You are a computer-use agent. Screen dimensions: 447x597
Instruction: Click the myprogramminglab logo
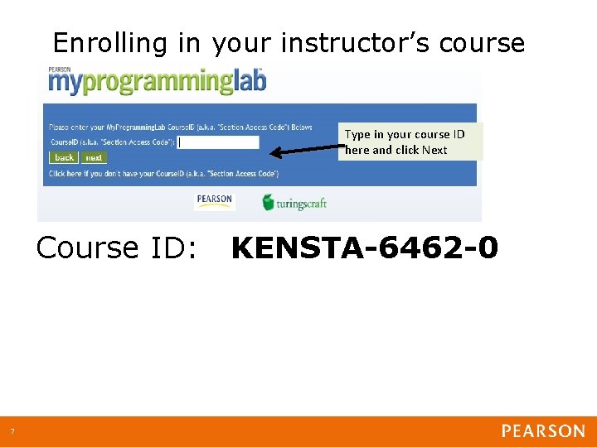coord(157,83)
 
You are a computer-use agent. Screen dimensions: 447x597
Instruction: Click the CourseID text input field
coord(219,142)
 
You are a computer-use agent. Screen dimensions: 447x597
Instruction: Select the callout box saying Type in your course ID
coord(410,142)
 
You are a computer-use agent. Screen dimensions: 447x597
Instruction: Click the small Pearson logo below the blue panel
coord(215,201)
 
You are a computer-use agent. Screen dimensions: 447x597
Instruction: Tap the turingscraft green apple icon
coord(268,201)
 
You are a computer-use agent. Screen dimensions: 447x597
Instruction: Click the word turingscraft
coord(302,203)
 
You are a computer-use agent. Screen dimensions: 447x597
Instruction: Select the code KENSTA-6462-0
coord(365,248)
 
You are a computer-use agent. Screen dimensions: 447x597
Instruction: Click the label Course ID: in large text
coord(117,248)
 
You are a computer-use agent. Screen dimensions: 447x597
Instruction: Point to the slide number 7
coord(12,431)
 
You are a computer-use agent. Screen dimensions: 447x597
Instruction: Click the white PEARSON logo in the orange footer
coord(543,431)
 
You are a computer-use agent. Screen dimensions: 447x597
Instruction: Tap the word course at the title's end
coord(483,42)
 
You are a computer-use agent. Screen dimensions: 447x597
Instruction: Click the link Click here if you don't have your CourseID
coord(163,174)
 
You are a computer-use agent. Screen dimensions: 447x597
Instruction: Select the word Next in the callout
coord(434,150)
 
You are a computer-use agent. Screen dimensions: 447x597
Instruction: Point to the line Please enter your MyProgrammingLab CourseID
coord(181,127)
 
